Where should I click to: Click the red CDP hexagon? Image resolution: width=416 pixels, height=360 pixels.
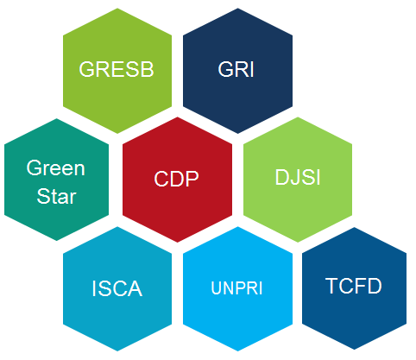coord(177,180)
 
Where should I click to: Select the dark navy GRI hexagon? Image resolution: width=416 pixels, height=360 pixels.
coord(237,71)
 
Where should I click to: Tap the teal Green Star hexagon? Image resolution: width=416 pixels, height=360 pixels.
coord(56,180)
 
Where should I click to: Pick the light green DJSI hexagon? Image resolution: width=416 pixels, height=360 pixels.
coord(298,180)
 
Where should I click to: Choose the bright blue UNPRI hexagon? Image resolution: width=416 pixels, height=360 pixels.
coord(237,288)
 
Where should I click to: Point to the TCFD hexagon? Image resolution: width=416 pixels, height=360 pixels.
coord(354,288)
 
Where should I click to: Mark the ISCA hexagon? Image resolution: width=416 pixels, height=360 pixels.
coord(117,288)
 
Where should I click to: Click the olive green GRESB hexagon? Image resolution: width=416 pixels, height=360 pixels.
coord(117,71)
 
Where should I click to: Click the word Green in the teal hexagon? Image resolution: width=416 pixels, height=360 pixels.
coord(56,167)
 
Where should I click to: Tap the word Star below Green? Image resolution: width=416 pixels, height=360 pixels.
coord(56,196)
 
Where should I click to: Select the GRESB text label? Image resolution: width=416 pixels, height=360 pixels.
coord(117,69)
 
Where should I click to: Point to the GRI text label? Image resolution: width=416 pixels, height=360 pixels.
coord(236,69)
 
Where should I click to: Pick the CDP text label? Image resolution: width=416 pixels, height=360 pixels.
coord(176,179)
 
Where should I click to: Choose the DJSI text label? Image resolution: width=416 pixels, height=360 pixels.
coord(298,177)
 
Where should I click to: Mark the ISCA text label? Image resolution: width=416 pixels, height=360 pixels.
coord(117,288)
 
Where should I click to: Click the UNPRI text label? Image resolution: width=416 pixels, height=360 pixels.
coord(236,288)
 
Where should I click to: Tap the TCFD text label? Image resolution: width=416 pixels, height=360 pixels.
coord(354,286)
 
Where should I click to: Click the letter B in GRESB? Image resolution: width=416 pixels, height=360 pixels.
coord(148,69)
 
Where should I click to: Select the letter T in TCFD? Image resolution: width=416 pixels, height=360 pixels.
coord(332,286)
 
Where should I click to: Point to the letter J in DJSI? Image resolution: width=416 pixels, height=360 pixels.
coord(293,178)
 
